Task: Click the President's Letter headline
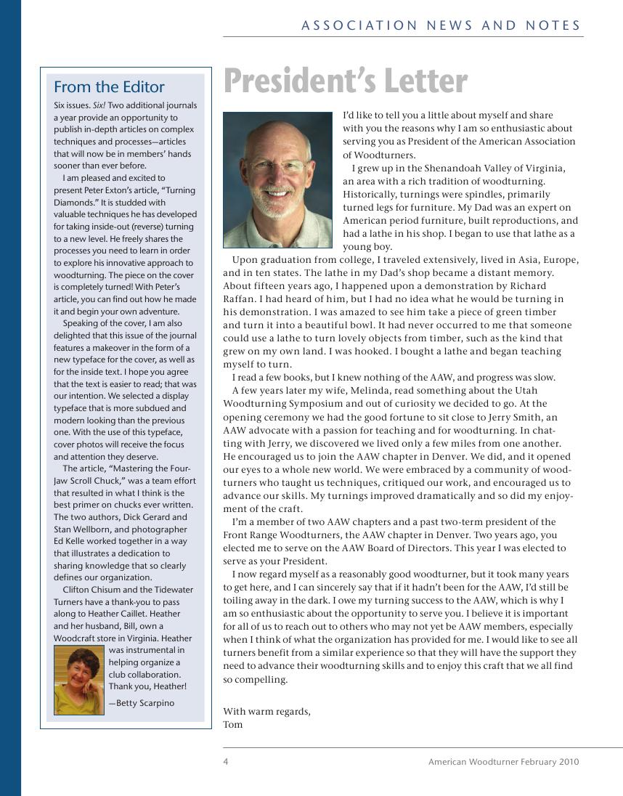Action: [346, 81]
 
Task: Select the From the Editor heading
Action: [109, 87]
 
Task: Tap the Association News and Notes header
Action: [441, 25]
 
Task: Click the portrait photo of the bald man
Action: [277, 179]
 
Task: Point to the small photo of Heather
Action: [79, 681]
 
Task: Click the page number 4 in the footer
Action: [226, 762]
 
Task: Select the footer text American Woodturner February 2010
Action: [503, 762]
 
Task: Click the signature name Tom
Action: [233, 725]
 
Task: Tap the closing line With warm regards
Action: [266, 712]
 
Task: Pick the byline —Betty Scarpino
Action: [142, 703]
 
